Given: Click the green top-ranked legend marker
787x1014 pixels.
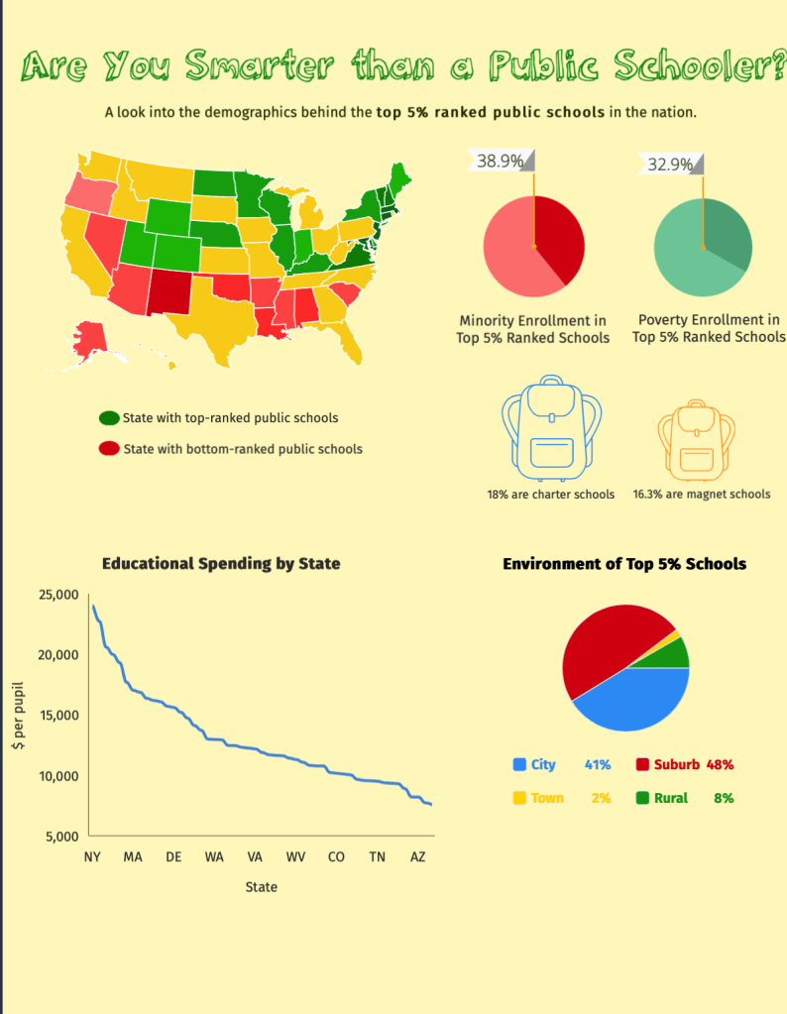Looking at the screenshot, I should tap(109, 418).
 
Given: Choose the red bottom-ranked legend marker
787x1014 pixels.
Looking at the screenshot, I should tap(109, 449).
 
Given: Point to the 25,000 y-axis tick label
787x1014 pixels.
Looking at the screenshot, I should tap(57, 595).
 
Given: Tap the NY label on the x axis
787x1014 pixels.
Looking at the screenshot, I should tap(92, 856).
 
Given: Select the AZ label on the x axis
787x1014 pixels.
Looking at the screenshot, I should tap(417, 856).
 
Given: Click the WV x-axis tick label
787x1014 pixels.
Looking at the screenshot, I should tap(295, 856).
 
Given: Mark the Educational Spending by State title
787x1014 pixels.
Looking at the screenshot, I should tap(221, 564).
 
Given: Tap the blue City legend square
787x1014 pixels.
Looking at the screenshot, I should tap(519, 765).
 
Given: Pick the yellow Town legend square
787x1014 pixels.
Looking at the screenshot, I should tap(519, 798).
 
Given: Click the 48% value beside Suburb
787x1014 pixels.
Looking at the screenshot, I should tap(720, 765).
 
